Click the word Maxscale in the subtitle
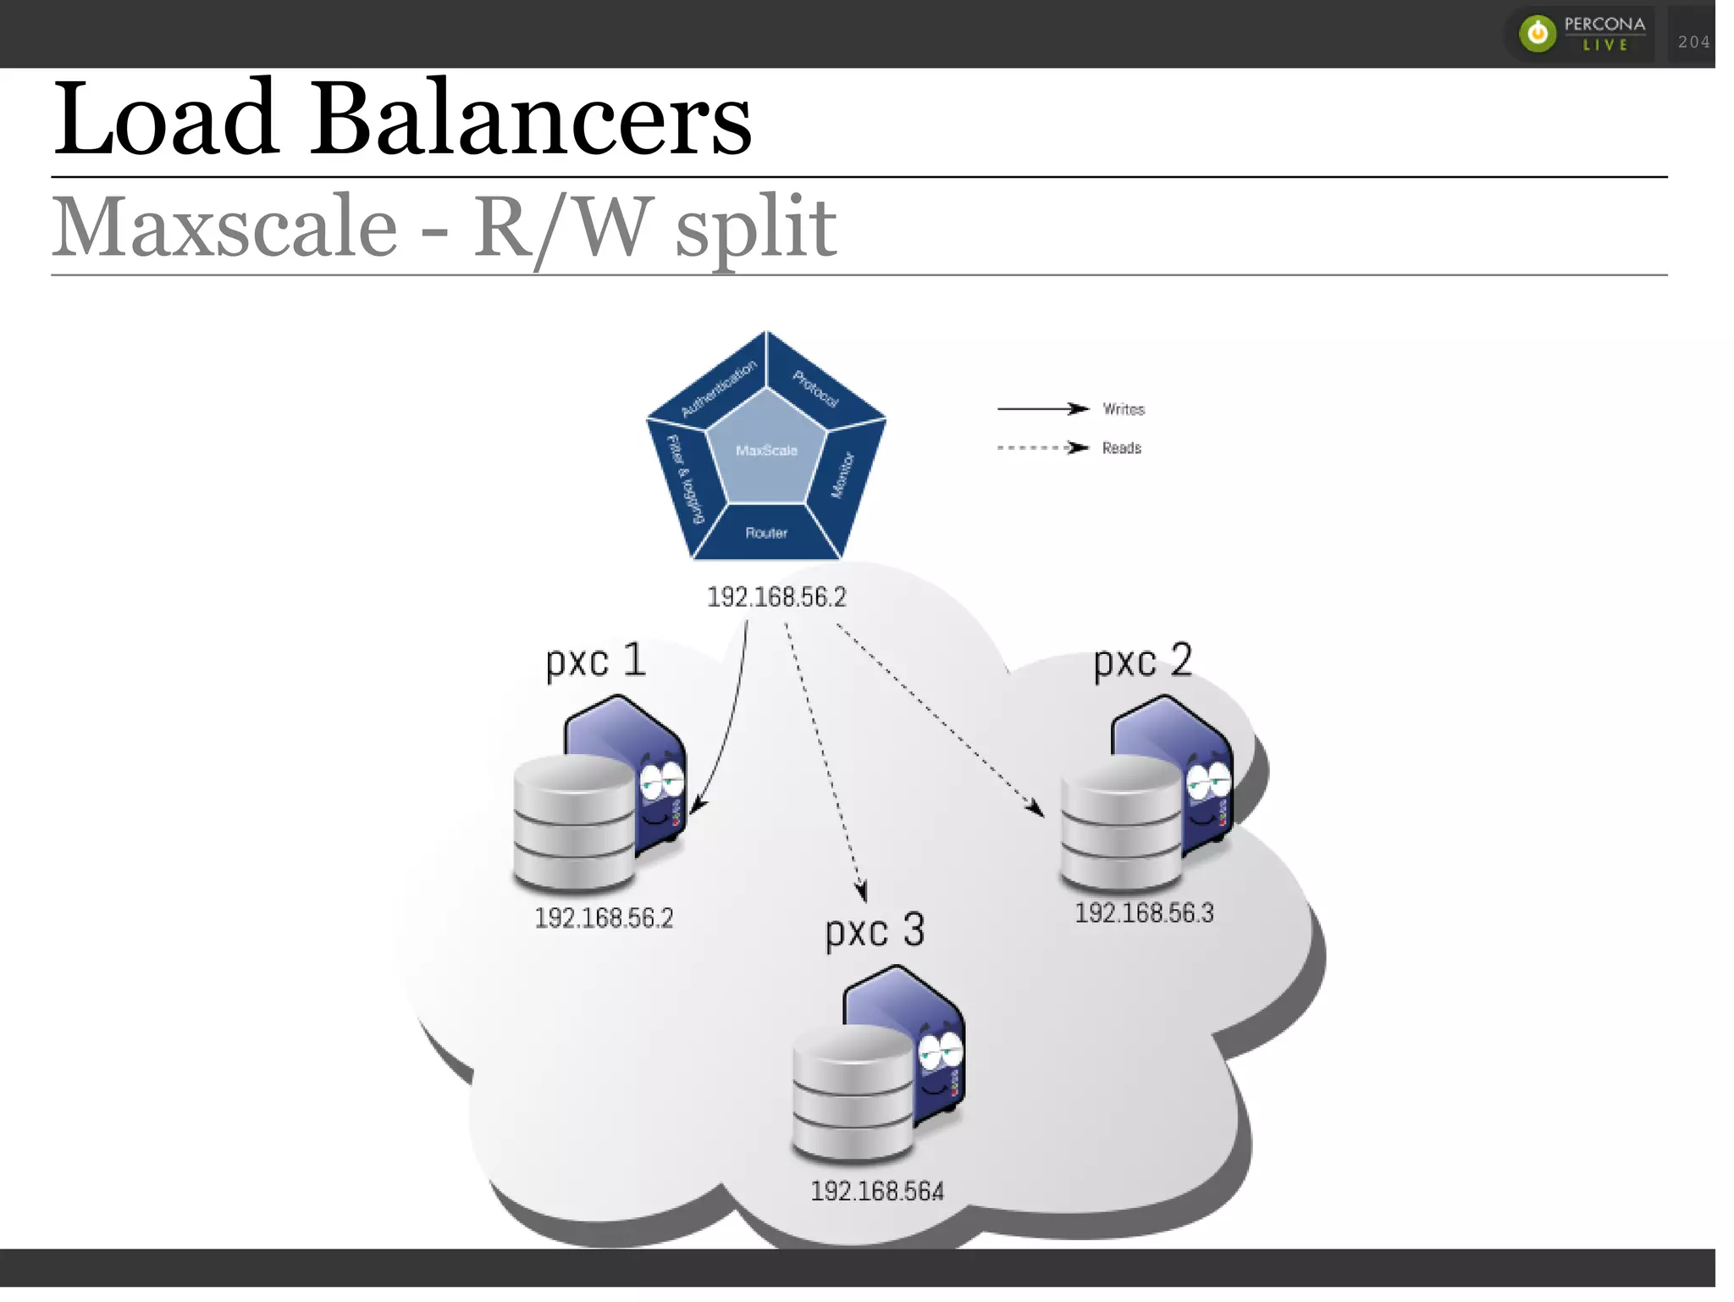(x=224, y=227)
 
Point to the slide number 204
(x=1693, y=42)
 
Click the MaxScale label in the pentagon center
(x=766, y=451)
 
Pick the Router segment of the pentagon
(x=766, y=533)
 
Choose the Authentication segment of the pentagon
(x=718, y=387)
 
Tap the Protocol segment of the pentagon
(x=815, y=388)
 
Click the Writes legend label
(x=1124, y=409)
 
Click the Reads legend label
(x=1122, y=448)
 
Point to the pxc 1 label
(x=595, y=660)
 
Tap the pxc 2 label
(x=1143, y=660)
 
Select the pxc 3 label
(x=875, y=931)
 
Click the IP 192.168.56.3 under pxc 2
(x=1144, y=913)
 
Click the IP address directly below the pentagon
(x=776, y=597)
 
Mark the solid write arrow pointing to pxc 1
(x=731, y=720)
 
